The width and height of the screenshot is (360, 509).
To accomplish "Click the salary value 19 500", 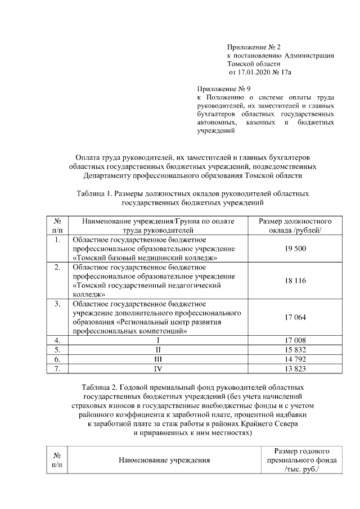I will [x=295, y=249].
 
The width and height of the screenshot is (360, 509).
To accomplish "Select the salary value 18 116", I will [x=295, y=280].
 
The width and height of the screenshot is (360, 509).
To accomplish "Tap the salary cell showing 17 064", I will [x=295, y=317].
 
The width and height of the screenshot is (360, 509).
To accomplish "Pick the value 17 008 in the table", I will [x=295, y=340].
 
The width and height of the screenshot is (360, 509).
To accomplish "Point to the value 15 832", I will [x=295, y=349].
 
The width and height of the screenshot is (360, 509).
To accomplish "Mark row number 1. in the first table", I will [x=57, y=240].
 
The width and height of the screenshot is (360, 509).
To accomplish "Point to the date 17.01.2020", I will [x=250, y=73].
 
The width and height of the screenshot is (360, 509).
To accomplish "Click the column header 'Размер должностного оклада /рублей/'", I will [x=295, y=226].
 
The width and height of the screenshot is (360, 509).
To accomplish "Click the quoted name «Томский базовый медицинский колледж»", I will [x=146, y=257].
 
